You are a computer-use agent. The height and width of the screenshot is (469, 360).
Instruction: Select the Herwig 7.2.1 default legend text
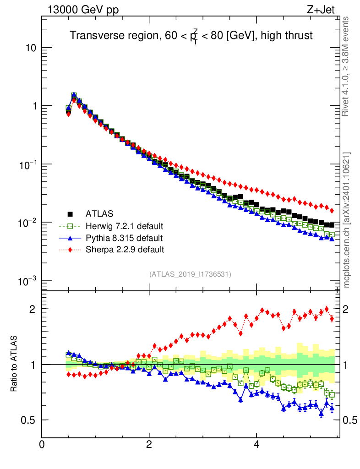click(125, 226)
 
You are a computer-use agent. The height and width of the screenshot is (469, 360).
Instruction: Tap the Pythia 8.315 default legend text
click(124, 238)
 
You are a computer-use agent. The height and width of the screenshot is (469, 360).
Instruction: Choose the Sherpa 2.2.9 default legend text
click(125, 250)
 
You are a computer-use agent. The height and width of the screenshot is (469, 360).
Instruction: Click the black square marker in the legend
click(70, 213)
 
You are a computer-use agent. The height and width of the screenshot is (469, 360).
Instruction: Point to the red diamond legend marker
click(70, 250)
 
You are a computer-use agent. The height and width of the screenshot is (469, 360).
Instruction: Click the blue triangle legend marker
click(70, 238)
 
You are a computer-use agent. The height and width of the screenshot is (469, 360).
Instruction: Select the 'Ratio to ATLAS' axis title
click(14, 364)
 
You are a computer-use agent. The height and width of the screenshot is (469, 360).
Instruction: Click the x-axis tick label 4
click(256, 445)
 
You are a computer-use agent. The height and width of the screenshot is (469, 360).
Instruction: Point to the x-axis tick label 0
click(42, 445)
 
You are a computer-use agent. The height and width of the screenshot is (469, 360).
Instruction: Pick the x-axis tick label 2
click(149, 445)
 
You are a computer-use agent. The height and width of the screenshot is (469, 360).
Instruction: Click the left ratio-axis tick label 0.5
click(29, 420)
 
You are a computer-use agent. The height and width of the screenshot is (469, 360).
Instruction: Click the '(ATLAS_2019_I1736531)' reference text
click(190, 274)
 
